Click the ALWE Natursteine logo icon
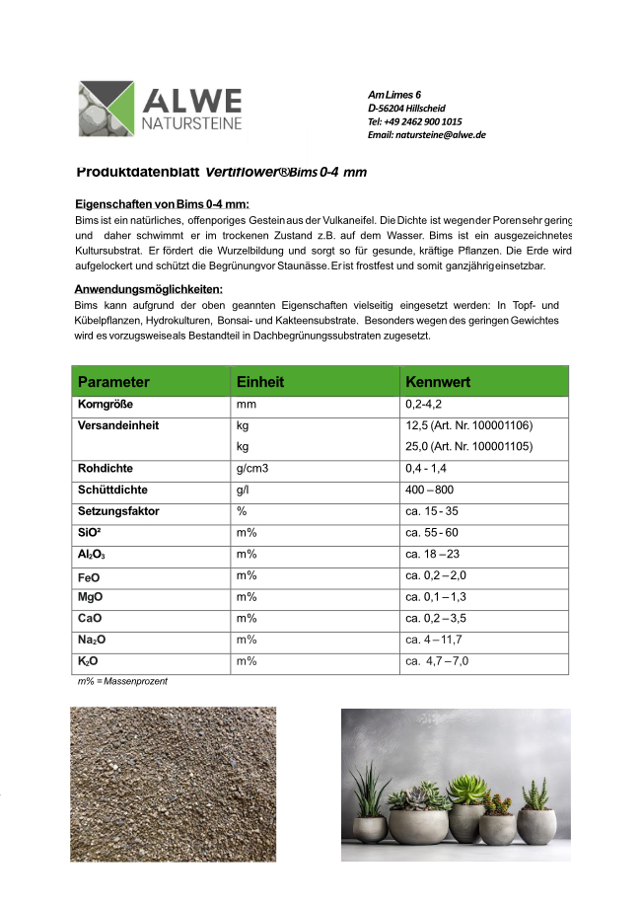click(x=106, y=109)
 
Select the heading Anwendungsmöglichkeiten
click(x=149, y=289)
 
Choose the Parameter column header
click(x=114, y=382)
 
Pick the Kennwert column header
click(x=438, y=382)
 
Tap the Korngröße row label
click(x=106, y=406)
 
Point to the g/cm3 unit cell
click(x=252, y=469)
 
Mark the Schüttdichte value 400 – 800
click(x=430, y=491)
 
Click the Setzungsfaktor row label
click(x=118, y=512)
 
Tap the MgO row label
click(x=91, y=597)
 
